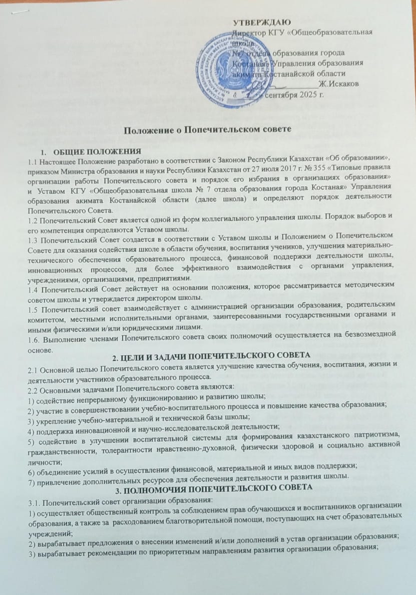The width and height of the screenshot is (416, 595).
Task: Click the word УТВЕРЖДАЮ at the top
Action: (262, 22)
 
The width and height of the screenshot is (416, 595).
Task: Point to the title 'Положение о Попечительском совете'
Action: (207, 130)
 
